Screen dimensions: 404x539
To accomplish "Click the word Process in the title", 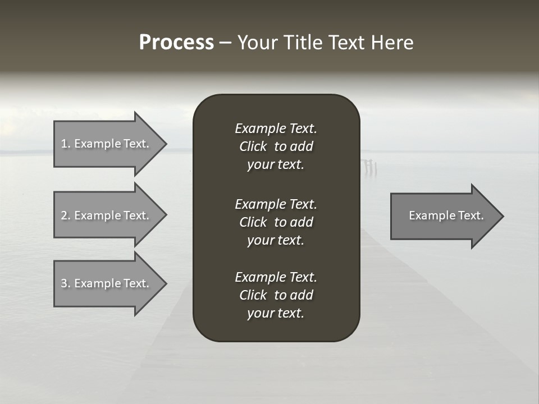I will click(176, 43).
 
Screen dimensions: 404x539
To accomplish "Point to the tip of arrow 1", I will click(166, 144).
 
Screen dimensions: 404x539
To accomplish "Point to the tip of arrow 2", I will click(166, 215).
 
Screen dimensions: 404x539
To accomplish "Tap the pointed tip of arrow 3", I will click(166, 283).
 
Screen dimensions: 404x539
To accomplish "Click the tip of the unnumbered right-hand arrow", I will click(503, 216).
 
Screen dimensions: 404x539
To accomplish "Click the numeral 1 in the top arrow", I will click(64, 144).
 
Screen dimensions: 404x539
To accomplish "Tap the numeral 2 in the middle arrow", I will click(64, 215).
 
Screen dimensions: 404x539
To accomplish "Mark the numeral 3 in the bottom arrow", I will click(64, 283).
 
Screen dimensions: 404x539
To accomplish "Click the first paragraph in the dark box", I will click(276, 146).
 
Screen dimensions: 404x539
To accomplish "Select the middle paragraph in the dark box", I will click(276, 222).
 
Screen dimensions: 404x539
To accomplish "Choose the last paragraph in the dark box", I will click(276, 295).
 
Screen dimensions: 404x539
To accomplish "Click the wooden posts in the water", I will click(369, 166).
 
